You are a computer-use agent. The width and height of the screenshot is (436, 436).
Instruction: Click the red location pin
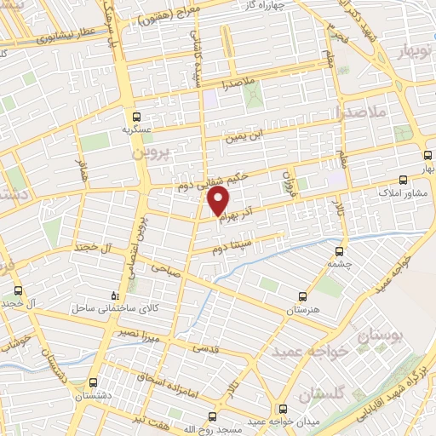coord(219,202)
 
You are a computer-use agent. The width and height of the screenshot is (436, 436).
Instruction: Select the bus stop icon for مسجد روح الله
coord(214,417)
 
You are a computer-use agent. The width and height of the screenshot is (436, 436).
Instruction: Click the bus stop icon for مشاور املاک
coord(404,180)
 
